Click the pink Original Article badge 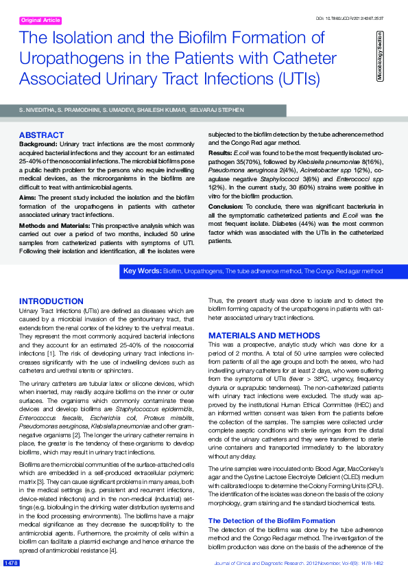point(40,21)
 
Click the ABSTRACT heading point(41,135)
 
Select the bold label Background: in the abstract point(38,143)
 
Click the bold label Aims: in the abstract point(28,196)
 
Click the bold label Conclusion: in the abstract point(226,206)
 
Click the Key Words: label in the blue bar point(142,272)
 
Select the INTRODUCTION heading point(51,301)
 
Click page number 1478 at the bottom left point(11,563)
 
